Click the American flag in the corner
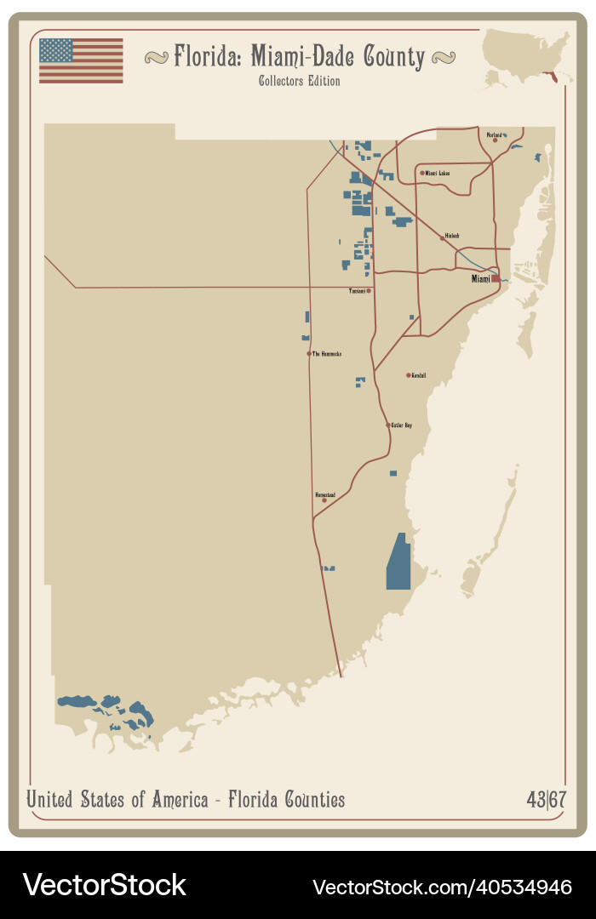click(81, 60)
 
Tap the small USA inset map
click(527, 56)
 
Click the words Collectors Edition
click(299, 82)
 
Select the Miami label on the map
click(481, 279)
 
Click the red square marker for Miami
click(496, 278)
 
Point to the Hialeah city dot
click(442, 238)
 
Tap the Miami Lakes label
click(438, 173)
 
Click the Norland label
click(493, 134)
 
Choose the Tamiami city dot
click(369, 290)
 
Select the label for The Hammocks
click(327, 354)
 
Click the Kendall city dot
click(409, 375)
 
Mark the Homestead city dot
click(324, 500)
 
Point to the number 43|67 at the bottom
click(546, 800)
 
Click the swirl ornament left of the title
click(156, 57)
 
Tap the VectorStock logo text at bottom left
click(104, 885)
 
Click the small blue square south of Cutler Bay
click(393, 473)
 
